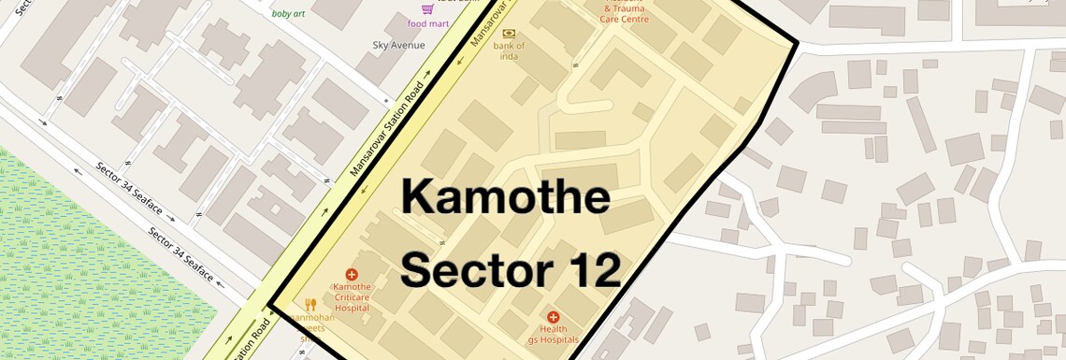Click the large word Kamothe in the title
point(506,198)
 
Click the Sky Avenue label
point(398,45)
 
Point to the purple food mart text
point(429,23)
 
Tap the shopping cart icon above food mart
point(427,8)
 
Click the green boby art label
point(288,14)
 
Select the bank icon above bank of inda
point(509,33)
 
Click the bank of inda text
point(509,50)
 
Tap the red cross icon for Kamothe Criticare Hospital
point(352,274)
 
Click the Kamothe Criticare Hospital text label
point(352,297)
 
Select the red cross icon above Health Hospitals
point(553,318)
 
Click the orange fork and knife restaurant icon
point(310,304)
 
